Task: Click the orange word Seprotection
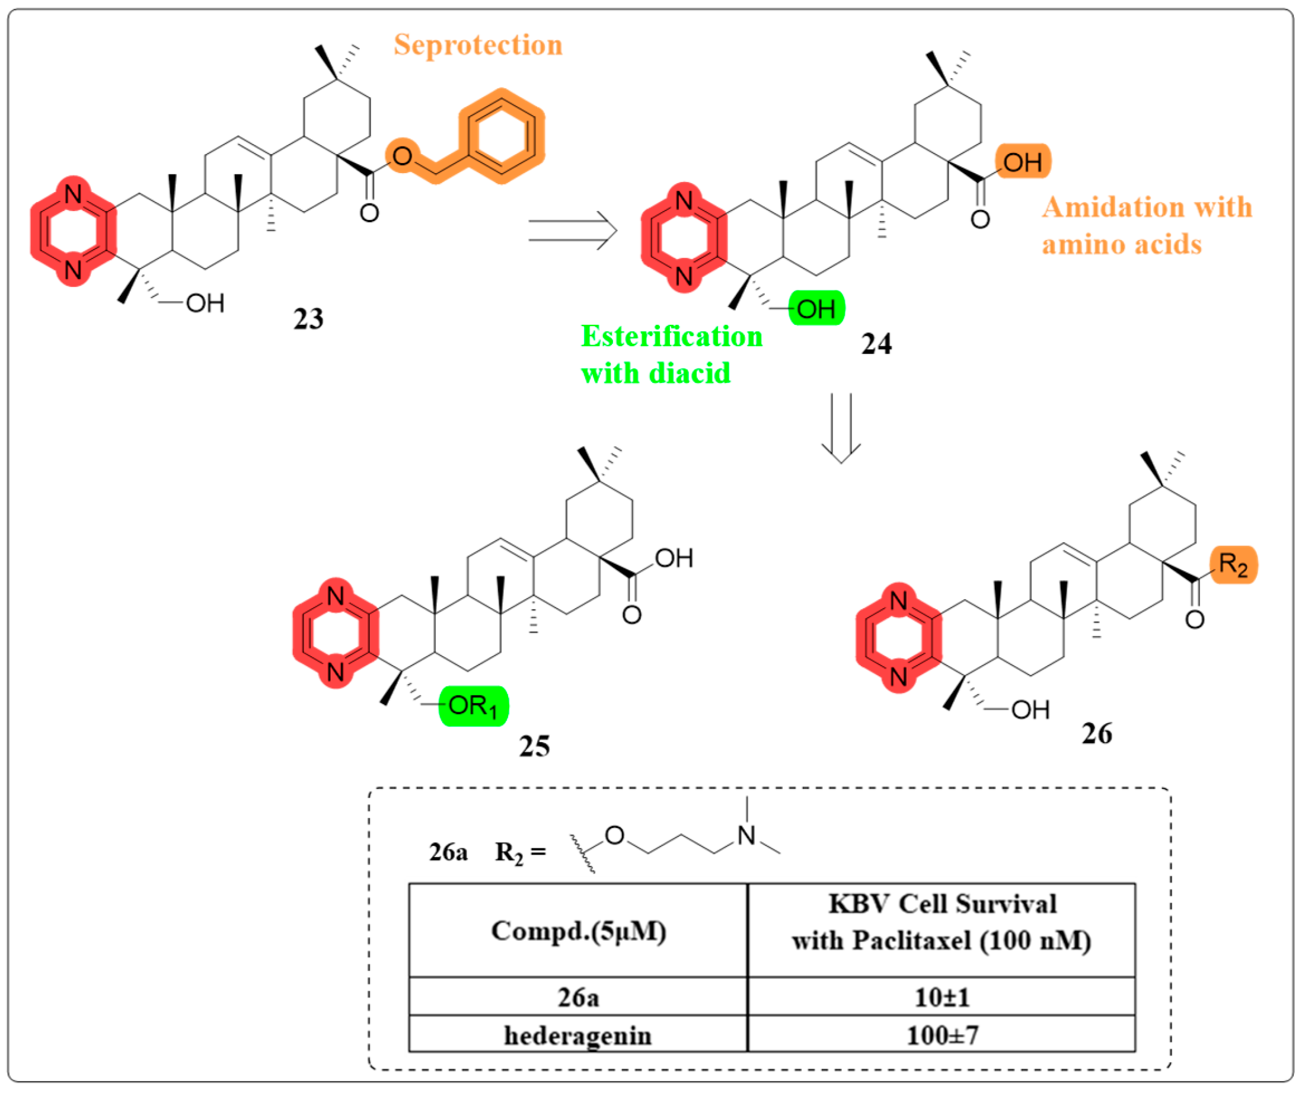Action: [x=478, y=45]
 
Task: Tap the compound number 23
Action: [x=308, y=319]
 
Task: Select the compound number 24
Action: [x=876, y=344]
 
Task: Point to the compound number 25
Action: [x=534, y=746]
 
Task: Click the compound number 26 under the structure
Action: [x=1097, y=734]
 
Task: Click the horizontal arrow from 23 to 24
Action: [x=572, y=230]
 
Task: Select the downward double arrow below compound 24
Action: [x=841, y=428]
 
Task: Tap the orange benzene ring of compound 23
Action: [x=501, y=136]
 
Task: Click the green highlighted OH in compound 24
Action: [x=816, y=308]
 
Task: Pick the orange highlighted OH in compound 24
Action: [x=1022, y=162]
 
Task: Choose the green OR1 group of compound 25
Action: [x=473, y=706]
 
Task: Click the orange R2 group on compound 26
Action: [x=1233, y=565]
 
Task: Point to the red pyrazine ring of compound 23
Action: [x=73, y=231]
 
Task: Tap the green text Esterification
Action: [x=672, y=337]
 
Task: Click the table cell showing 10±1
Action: [x=941, y=998]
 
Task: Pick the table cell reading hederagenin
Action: [x=578, y=1036]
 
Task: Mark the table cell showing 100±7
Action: [x=941, y=1036]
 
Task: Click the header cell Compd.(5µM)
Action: [x=578, y=931]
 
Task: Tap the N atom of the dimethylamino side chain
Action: [x=746, y=836]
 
